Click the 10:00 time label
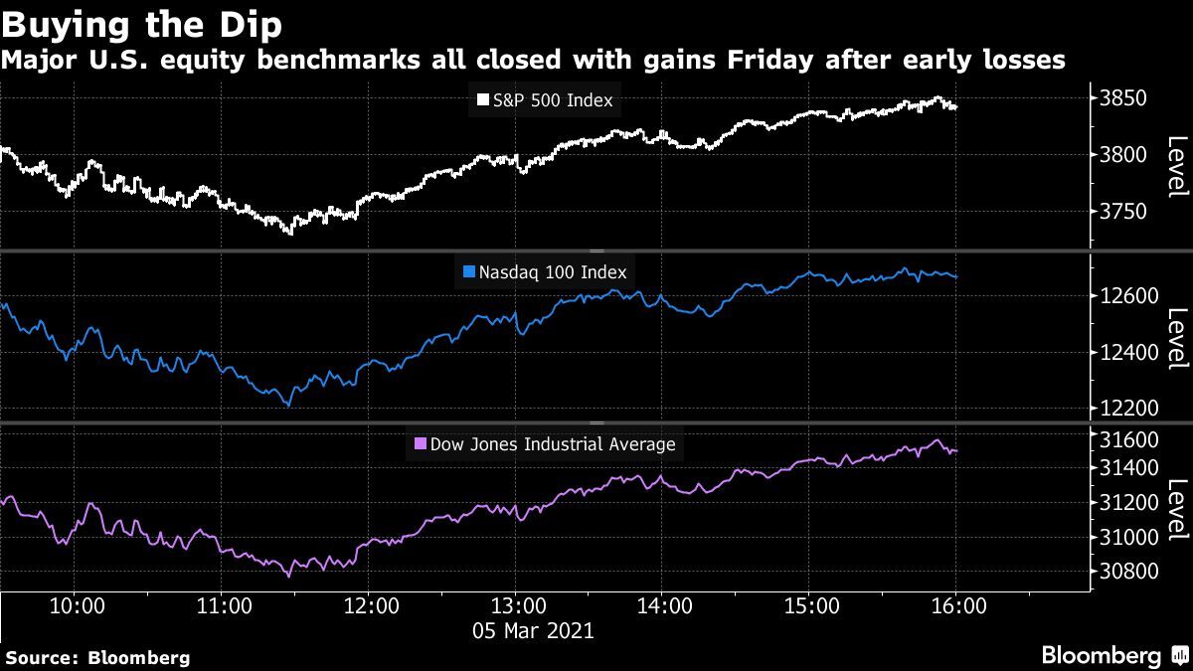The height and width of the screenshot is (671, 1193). [77, 605]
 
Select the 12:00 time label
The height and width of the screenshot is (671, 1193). [369, 605]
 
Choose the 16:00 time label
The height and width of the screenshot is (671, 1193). [955, 605]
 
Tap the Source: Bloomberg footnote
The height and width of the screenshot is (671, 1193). [97, 658]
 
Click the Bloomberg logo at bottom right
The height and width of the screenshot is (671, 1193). [1112, 656]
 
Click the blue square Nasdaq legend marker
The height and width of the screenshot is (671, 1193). [470, 271]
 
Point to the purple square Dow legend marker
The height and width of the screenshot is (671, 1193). [420, 444]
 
